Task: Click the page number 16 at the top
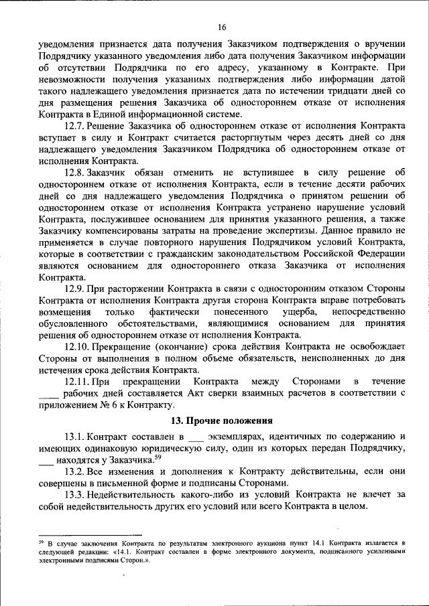(x=222, y=27)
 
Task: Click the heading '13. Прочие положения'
(x=222, y=421)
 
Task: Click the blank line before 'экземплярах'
(x=195, y=439)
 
